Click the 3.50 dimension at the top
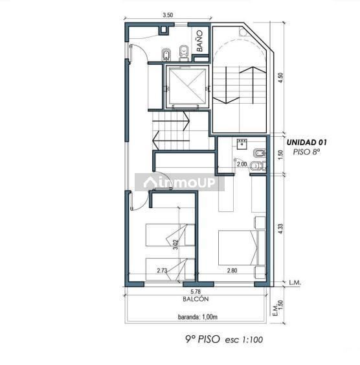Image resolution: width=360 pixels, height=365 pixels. [168, 15]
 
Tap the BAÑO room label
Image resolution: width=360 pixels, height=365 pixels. [199, 41]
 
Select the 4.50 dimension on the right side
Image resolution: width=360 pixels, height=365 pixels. [281, 78]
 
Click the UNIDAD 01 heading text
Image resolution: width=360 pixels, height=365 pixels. [306, 143]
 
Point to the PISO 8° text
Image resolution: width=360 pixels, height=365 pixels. [306, 152]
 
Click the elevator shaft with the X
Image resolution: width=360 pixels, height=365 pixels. [187, 87]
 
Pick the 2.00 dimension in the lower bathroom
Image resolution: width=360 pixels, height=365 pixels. [242, 164]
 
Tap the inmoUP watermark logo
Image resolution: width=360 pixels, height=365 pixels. [179, 182]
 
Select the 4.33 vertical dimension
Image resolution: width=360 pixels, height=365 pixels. [281, 229]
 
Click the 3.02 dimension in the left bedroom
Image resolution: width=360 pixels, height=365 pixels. [175, 244]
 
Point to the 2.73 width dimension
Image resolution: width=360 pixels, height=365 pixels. [162, 270]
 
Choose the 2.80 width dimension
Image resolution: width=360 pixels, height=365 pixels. [232, 270]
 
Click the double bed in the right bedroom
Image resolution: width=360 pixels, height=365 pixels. [242, 248]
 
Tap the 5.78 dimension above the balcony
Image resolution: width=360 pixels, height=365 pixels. [196, 292]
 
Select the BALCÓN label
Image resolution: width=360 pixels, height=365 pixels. [196, 299]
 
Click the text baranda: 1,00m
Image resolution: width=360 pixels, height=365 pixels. [197, 317]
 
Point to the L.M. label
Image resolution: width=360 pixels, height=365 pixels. [295, 283]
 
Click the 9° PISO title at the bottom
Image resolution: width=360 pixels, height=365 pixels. [203, 339]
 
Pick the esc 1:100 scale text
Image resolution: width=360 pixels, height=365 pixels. [244, 340]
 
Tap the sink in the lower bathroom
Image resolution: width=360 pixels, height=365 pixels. [242, 144]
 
